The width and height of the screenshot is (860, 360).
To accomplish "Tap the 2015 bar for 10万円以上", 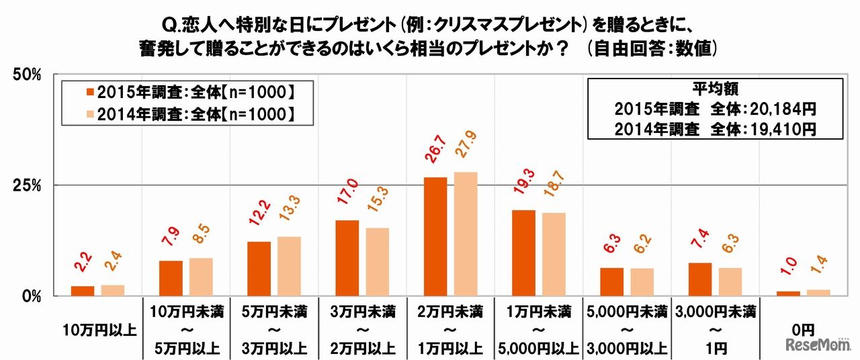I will tap(83, 291).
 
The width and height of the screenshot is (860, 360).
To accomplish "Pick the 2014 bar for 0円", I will tap(818, 293).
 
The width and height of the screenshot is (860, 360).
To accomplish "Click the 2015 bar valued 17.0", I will tap(347, 258).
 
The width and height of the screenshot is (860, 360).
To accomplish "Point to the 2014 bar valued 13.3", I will tap(289, 266).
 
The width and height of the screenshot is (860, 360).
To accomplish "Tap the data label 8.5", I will tap(201, 240).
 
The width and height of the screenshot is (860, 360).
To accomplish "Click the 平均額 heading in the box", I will tap(715, 88).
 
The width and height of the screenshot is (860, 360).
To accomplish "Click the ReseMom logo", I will tap(818, 343).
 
